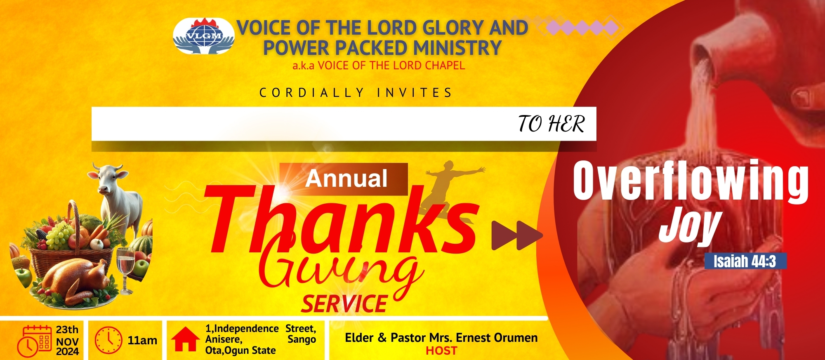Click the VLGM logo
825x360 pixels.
(204, 36)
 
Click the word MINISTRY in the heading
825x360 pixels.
(457, 47)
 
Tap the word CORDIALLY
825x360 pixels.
(312, 93)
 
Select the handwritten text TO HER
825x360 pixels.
(552, 124)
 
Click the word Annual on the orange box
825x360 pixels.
(346, 179)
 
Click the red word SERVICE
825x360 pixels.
(344, 304)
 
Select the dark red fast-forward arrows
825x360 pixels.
(517, 235)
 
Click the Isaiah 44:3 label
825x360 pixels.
(745, 261)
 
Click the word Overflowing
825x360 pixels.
(691, 181)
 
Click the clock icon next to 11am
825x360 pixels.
(108, 341)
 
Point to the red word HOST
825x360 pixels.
(441, 351)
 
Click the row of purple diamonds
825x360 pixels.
(582, 28)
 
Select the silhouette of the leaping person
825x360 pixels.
(450, 190)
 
